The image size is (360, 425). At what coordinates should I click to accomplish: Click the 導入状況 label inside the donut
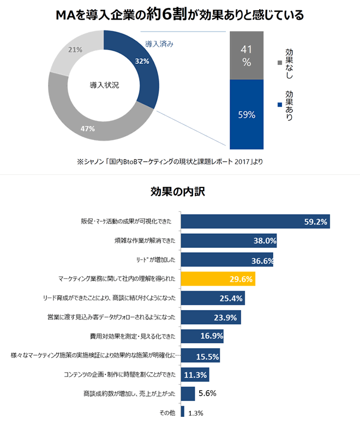[104, 86]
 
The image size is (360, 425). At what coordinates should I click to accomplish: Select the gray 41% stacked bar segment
[247, 56]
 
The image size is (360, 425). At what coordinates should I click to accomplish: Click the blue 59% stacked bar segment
[247, 114]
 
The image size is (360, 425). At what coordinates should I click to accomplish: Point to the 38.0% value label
[264, 240]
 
